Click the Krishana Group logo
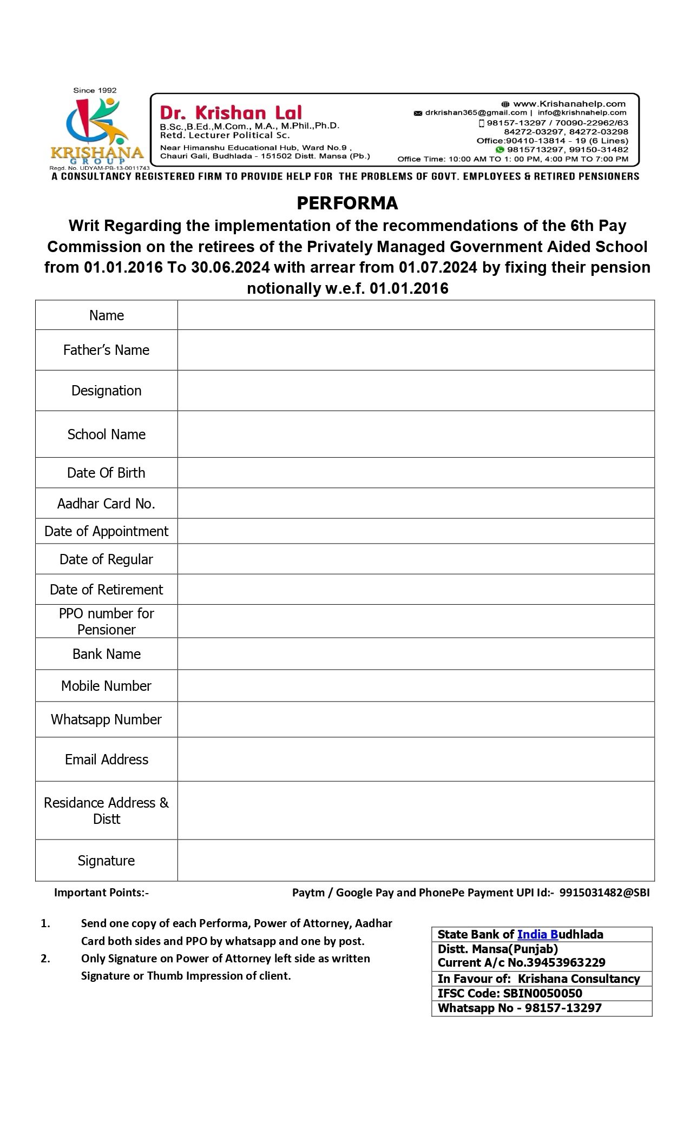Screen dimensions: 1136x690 pyautogui.click(x=96, y=130)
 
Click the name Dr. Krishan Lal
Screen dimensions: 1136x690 pyautogui.click(x=231, y=113)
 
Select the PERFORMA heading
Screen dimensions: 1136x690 pyautogui.click(x=347, y=203)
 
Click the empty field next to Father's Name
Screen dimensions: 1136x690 pyautogui.click(x=416, y=350)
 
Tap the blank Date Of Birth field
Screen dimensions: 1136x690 pyautogui.click(x=416, y=473)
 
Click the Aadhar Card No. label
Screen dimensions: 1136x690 pyautogui.click(x=106, y=504)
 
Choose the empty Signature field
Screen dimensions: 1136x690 pyautogui.click(x=416, y=860)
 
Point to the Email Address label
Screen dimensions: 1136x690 pyautogui.click(x=106, y=759)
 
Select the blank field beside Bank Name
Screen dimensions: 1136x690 pyautogui.click(x=416, y=654)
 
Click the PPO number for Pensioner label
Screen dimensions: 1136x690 pyautogui.click(x=106, y=621)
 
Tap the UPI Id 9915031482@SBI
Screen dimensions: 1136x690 pyautogui.click(x=604, y=893)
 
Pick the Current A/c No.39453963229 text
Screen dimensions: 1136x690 pyautogui.click(x=521, y=962)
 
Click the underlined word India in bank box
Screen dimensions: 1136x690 pyautogui.click(x=532, y=934)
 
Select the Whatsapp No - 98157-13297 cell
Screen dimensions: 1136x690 pyautogui.click(x=520, y=1008)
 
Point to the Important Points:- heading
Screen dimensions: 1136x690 pyautogui.click(x=101, y=893)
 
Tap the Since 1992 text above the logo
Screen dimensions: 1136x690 pyautogui.click(x=95, y=90)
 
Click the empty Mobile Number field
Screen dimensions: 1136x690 pyautogui.click(x=416, y=686)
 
